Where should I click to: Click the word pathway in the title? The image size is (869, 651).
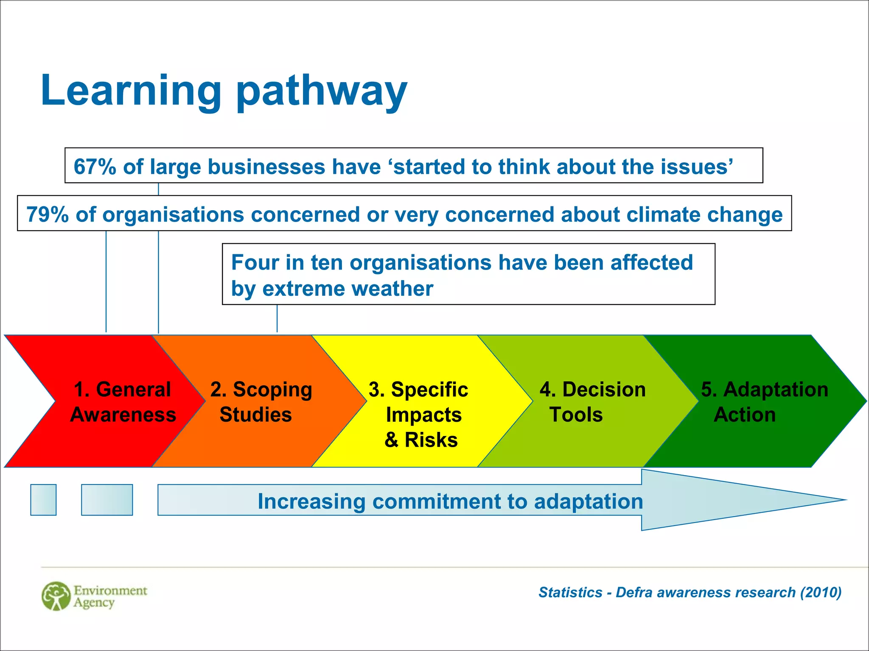click(321, 91)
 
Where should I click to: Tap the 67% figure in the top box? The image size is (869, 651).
click(95, 167)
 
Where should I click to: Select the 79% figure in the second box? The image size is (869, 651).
click(47, 214)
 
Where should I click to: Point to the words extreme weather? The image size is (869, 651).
click(348, 289)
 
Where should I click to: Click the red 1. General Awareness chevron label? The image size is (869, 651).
click(122, 401)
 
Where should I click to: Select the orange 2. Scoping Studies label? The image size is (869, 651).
click(261, 401)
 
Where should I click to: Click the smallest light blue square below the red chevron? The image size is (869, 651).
click(43, 500)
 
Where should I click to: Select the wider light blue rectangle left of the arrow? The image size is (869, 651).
click(107, 500)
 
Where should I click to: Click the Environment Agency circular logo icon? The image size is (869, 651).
click(56, 596)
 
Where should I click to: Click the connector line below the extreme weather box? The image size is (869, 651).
click(277, 318)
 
